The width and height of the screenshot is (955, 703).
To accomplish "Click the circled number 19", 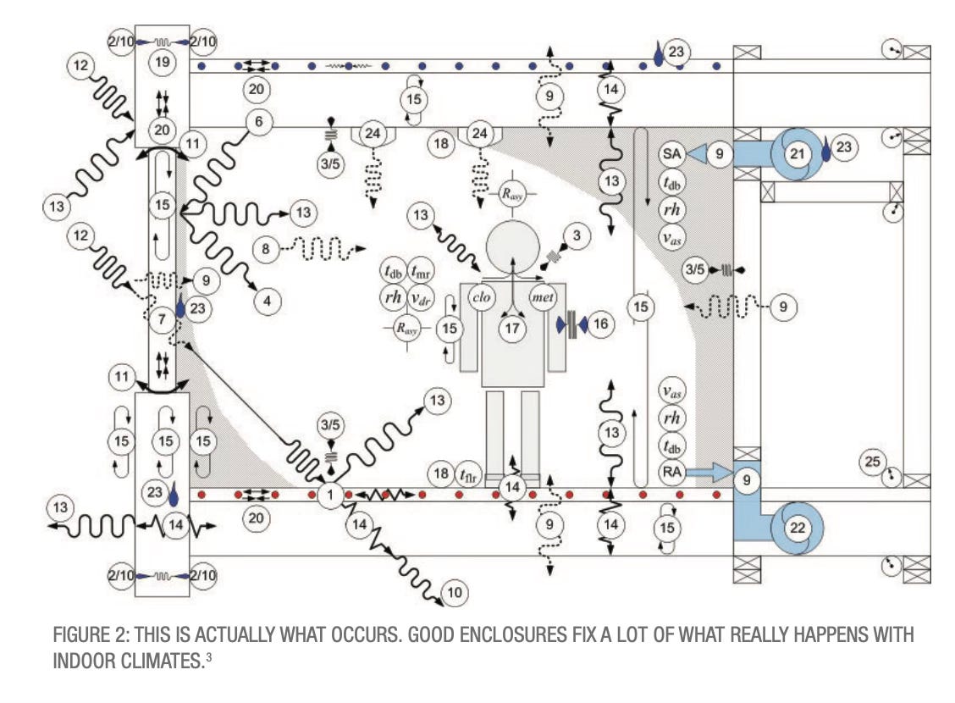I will pos(162,62).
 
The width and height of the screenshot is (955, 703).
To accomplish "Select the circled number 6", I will pos(258,122).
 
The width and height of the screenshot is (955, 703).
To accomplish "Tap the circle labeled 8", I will pos(266,250).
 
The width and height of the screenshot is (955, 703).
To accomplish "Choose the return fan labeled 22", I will pos(797,528).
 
